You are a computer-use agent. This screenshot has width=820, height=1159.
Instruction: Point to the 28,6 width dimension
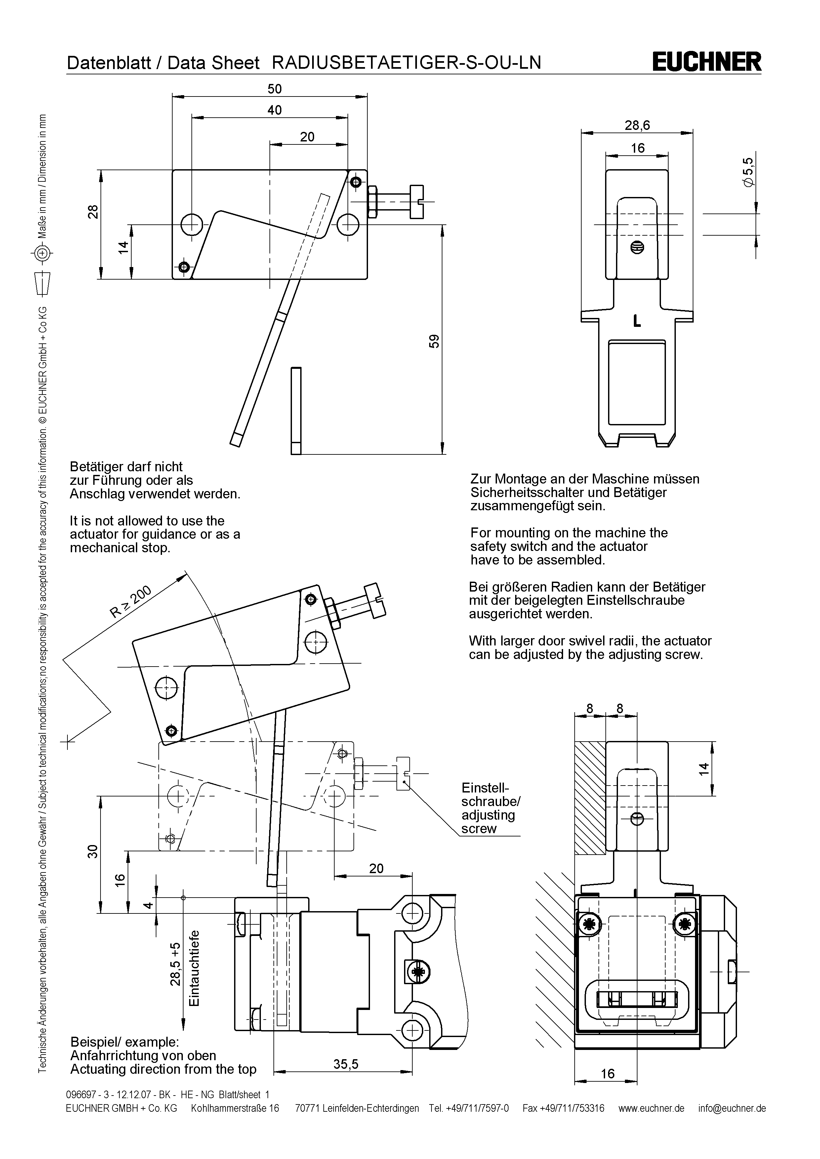coord(637,125)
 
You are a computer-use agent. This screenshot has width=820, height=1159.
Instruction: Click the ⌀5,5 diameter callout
coord(748,173)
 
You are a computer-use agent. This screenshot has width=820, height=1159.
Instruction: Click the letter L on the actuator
coord(637,321)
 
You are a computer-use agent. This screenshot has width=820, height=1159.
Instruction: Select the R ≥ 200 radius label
coord(130,602)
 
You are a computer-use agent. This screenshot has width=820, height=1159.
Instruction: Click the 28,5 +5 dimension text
coord(175,964)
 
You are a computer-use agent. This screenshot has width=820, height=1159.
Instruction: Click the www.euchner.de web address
coord(651,1108)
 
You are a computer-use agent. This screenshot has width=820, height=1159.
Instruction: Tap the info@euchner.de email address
coord(732,1108)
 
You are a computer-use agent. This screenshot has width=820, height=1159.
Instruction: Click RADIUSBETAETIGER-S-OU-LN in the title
coord(406,62)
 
